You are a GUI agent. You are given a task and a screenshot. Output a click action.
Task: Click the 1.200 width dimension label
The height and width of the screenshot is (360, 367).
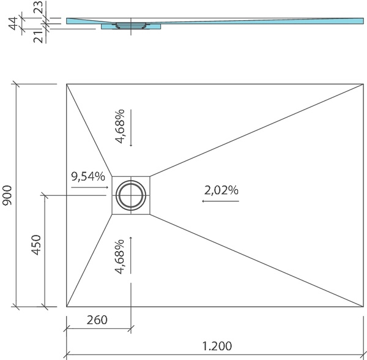(x=217, y=346)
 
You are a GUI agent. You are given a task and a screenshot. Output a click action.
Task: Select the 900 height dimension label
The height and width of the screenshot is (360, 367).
(x=7, y=195)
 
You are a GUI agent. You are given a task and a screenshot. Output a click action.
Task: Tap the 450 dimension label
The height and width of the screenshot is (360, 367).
(x=36, y=245)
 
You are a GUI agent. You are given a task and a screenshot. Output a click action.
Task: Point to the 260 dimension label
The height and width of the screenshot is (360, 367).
(x=97, y=320)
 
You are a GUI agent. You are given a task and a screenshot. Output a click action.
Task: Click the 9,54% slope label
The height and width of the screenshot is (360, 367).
(x=88, y=176)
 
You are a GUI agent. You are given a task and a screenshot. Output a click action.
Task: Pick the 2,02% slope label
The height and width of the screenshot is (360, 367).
(x=221, y=190)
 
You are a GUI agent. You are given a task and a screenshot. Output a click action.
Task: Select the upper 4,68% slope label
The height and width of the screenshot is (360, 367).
(x=120, y=126)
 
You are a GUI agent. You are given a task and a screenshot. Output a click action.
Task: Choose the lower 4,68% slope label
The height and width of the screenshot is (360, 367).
(x=119, y=257)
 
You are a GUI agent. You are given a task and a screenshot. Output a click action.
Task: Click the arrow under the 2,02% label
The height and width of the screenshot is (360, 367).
(x=221, y=201)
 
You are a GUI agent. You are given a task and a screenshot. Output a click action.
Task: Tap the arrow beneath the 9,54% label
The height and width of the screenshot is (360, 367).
(x=90, y=187)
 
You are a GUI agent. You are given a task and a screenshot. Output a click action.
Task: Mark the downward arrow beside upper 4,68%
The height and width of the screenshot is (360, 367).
(x=131, y=128)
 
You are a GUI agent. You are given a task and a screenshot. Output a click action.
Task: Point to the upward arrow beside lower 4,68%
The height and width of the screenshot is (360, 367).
(x=131, y=255)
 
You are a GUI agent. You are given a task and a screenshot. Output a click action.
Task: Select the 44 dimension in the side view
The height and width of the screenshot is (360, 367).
(x=13, y=23)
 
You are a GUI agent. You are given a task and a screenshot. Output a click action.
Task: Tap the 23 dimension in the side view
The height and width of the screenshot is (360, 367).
(x=39, y=7)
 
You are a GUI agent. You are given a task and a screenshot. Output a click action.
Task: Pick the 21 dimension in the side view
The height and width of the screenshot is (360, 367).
(x=39, y=37)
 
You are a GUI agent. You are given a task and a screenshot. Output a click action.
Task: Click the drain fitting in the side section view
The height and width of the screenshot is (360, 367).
(x=131, y=25)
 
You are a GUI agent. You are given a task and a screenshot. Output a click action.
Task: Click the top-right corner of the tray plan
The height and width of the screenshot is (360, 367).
(x=363, y=84)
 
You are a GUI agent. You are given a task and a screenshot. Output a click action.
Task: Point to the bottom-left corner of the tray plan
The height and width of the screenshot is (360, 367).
(x=67, y=306)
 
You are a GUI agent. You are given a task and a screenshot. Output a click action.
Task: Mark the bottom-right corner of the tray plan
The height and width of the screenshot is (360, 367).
(x=363, y=306)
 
